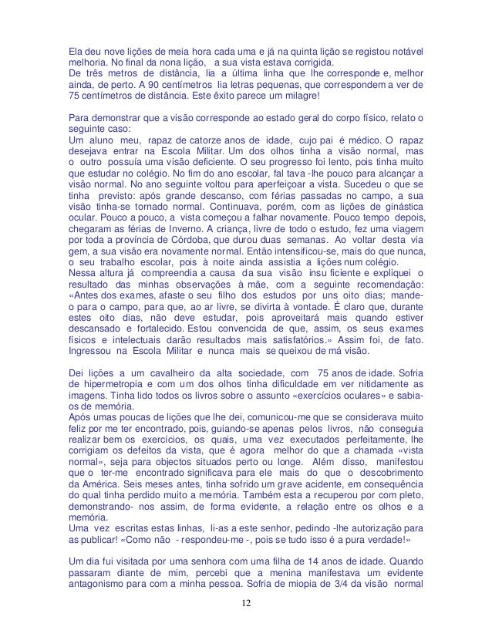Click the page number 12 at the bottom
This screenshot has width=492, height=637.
pyautogui.click(x=245, y=623)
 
